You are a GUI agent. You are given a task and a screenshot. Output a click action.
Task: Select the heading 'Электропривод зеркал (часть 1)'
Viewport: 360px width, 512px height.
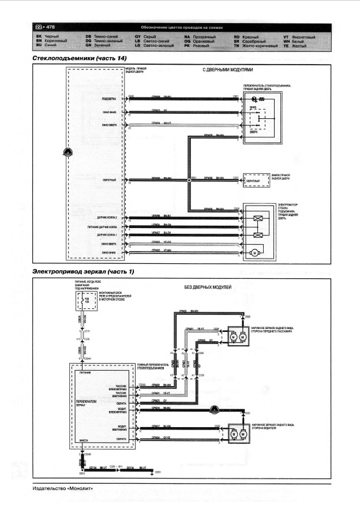(x=83, y=271)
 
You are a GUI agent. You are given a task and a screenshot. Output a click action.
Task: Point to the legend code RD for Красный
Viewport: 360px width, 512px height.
(x=237, y=37)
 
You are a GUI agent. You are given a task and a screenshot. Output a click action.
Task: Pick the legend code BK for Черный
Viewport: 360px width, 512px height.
(x=39, y=37)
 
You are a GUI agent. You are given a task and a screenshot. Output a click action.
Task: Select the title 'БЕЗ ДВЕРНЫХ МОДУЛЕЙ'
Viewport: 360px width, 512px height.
(x=208, y=287)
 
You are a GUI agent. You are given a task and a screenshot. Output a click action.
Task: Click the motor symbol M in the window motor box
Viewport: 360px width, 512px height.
(x=253, y=253)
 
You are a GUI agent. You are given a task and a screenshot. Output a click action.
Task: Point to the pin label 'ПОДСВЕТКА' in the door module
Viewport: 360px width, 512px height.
(x=109, y=99)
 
